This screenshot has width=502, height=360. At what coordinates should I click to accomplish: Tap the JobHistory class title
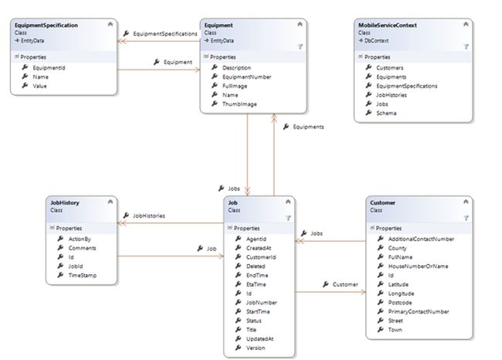66,202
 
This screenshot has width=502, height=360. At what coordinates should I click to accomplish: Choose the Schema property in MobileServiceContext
386,113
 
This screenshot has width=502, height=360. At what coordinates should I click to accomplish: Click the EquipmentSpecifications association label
165,34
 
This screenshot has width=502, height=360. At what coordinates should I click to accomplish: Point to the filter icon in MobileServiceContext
466,47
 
